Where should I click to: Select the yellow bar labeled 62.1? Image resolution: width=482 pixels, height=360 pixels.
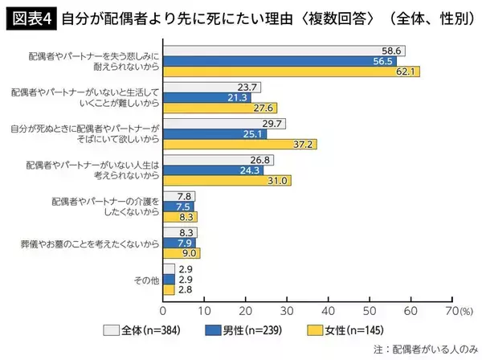pyautogui.click(x=291, y=72)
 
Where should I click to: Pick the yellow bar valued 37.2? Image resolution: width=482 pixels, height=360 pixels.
pyautogui.click(x=240, y=145)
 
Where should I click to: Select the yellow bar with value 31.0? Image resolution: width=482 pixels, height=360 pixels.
pyautogui.click(x=227, y=182)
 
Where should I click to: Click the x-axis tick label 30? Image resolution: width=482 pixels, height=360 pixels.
pyautogui.click(x=287, y=308)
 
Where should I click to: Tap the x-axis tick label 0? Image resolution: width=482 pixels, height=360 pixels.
pyautogui.click(x=163, y=308)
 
